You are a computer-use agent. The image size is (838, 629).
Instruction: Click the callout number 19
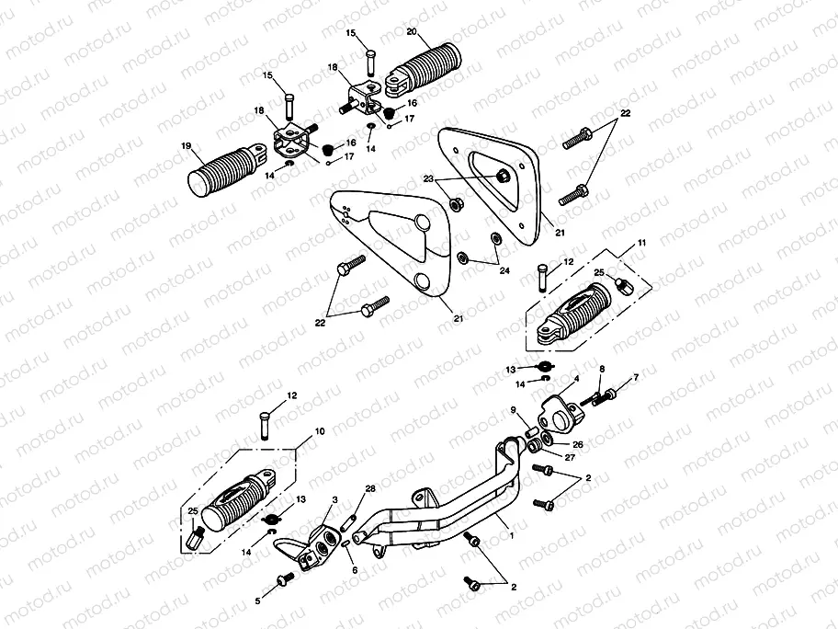[x=187, y=145]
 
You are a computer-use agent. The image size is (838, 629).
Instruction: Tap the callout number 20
[x=411, y=33]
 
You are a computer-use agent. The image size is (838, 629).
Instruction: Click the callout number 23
[x=429, y=178]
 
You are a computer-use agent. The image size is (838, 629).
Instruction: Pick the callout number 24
[x=504, y=272]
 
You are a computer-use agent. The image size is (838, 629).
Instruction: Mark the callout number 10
[x=320, y=430]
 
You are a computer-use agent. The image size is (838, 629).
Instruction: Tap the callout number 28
[x=370, y=487]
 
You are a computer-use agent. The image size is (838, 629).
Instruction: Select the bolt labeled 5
[x=284, y=579]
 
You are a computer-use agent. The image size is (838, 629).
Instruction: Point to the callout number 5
[x=258, y=600]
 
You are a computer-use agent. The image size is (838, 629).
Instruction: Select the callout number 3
[x=336, y=498]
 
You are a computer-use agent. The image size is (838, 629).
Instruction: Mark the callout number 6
[x=355, y=569]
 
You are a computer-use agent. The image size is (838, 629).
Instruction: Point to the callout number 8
[x=603, y=369]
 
